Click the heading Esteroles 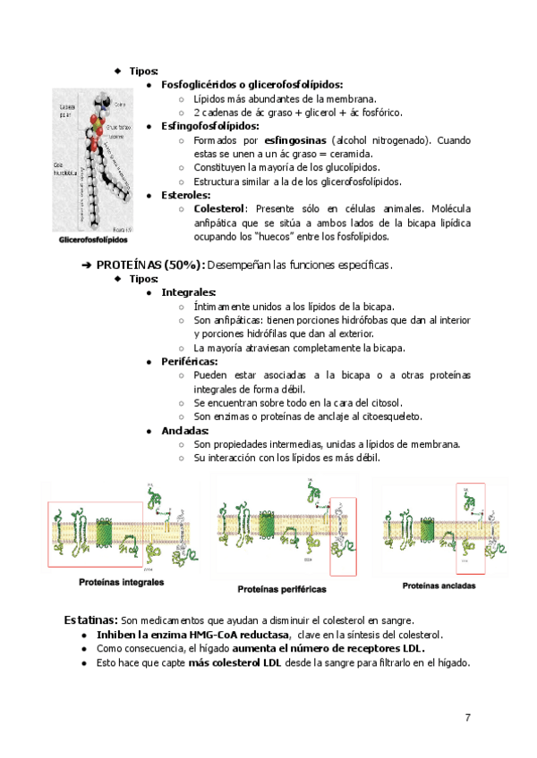click(x=185, y=195)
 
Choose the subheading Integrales click(x=188, y=292)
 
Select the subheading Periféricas click(x=189, y=361)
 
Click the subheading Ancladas click(x=184, y=430)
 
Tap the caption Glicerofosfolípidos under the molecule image click(x=93, y=240)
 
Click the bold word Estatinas click(x=90, y=620)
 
